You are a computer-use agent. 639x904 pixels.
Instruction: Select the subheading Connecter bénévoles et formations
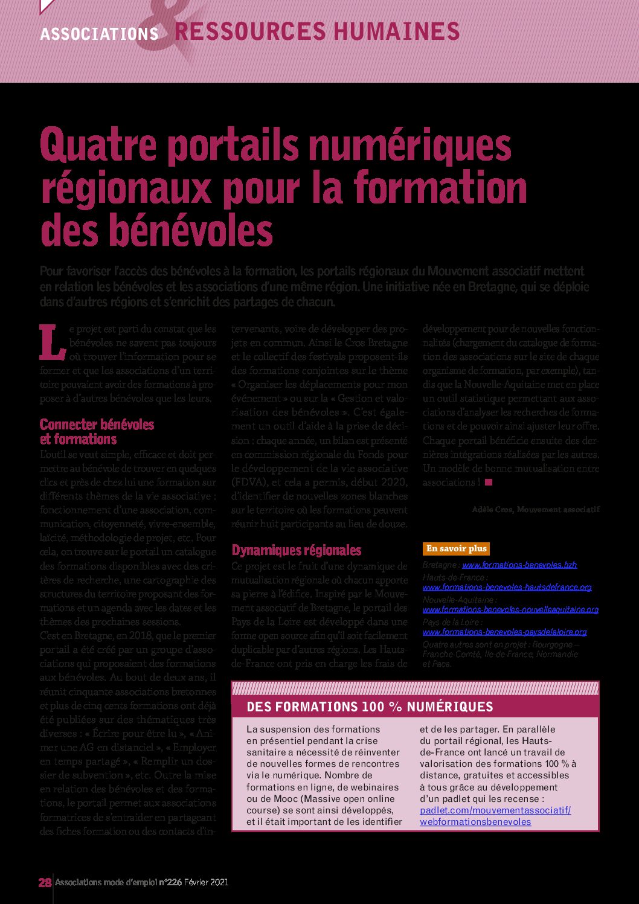click(x=97, y=432)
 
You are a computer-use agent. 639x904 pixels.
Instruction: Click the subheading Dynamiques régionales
click(x=297, y=550)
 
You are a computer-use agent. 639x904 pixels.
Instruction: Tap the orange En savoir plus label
click(x=456, y=548)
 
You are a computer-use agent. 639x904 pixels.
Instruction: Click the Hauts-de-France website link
click(x=507, y=587)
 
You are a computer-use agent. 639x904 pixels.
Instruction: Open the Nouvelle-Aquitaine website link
click(x=510, y=609)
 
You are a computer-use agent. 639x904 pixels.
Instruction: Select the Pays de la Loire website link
click(x=504, y=632)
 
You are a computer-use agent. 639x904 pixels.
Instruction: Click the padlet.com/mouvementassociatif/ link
click(x=495, y=810)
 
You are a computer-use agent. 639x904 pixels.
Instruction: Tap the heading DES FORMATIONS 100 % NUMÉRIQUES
click(x=370, y=707)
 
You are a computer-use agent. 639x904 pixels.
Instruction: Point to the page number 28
click(x=45, y=882)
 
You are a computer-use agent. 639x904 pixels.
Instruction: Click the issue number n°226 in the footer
click(x=170, y=882)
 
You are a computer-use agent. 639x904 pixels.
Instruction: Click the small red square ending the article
click(x=489, y=482)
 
